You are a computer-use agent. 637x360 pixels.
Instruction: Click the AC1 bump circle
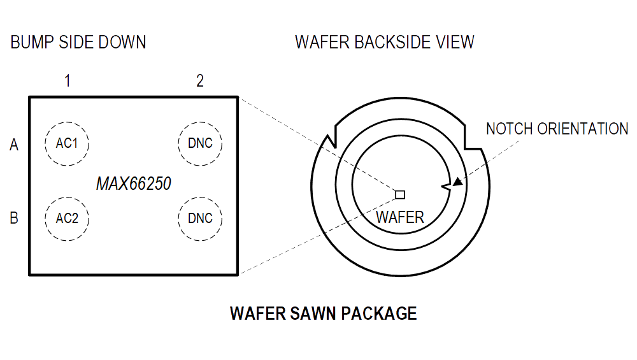pos(67,143)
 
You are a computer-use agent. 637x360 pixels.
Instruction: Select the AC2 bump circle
pos(67,219)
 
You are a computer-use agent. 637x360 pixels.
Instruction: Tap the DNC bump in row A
pos(200,143)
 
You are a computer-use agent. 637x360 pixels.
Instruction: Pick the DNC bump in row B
pos(200,219)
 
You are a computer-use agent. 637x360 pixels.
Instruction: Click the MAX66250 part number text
pos(134,184)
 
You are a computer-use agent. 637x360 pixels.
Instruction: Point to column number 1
pos(67,81)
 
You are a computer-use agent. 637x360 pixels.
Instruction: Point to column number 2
pos(200,81)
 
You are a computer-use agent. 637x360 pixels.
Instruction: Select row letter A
pos(14,145)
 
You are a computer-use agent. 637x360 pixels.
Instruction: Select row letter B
pos(14,219)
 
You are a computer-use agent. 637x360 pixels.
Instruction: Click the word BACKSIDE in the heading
pos(390,43)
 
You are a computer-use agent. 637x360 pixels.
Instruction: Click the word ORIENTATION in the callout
pos(583,129)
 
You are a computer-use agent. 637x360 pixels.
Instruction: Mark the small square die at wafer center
pos(400,194)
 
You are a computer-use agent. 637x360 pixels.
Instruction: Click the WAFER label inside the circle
pos(400,217)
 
